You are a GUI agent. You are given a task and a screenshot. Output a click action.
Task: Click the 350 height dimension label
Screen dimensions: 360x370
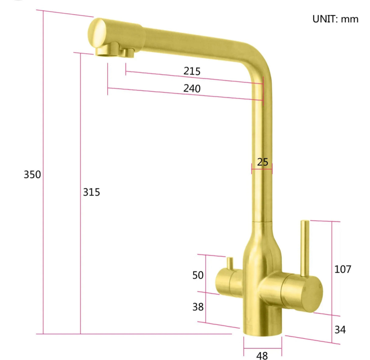point(32,175)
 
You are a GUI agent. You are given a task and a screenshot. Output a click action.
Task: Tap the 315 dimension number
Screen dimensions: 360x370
point(91,192)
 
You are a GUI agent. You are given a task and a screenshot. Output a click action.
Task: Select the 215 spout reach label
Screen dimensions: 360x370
point(192,71)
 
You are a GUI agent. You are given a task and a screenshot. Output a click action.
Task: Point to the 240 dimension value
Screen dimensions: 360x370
point(192,88)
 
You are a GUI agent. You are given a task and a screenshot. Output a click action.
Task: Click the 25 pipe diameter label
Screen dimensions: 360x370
point(262,162)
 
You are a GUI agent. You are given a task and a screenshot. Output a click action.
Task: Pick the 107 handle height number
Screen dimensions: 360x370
point(343,269)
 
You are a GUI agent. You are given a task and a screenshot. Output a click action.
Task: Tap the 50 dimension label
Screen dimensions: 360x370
point(198,275)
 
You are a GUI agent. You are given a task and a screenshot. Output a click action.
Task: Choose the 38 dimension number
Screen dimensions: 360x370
point(198,307)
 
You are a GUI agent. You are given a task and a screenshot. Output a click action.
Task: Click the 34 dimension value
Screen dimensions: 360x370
point(340,329)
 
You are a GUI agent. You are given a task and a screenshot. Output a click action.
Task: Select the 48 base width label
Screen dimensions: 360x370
point(262,355)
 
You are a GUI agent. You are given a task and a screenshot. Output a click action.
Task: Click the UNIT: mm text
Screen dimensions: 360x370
point(335,19)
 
